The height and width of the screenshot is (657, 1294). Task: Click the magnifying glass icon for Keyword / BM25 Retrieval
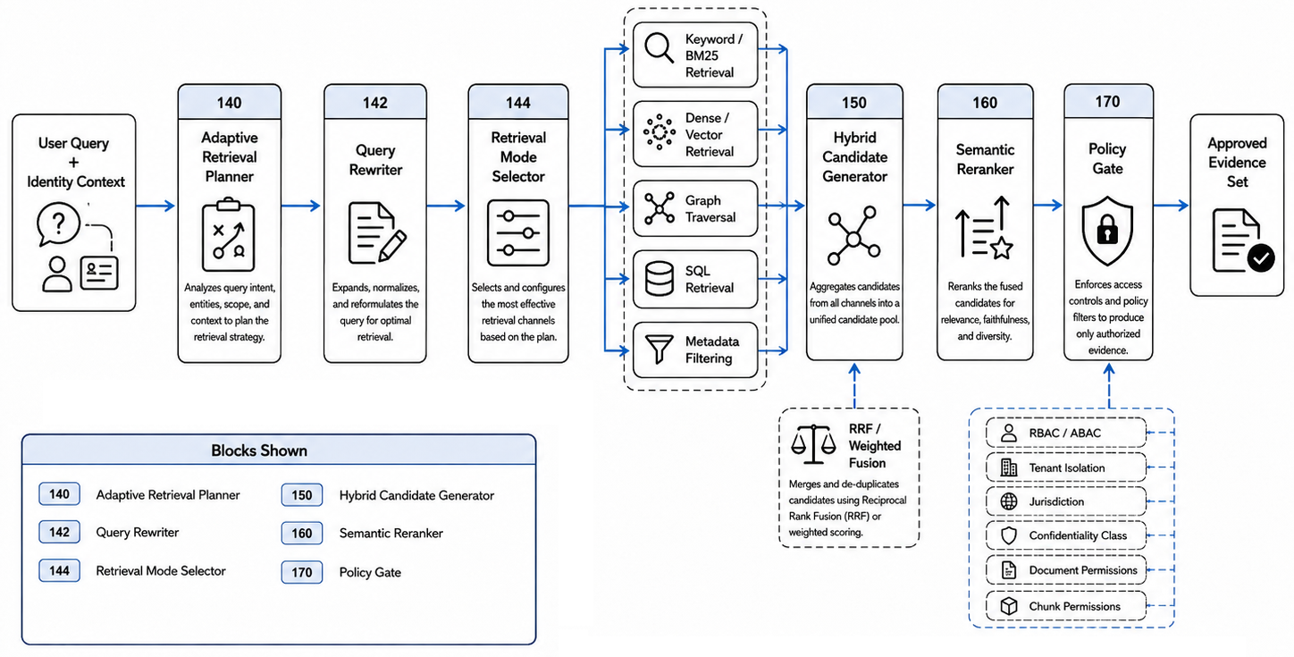pos(659,47)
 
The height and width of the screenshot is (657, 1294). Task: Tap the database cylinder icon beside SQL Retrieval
pos(660,279)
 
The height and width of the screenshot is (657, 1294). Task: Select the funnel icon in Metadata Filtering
pos(660,350)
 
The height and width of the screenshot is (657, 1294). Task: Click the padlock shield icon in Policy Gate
pos(1107,231)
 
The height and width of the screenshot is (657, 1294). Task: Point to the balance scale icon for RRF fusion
pos(813,444)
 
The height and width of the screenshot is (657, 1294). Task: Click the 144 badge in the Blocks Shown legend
pos(60,570)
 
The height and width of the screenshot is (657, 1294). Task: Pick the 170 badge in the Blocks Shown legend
pos(301,572)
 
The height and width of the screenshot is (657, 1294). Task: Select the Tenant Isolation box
pos(1066,467)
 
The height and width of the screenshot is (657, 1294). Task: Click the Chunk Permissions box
pos(1066,605)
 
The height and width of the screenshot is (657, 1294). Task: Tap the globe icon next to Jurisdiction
pos(1009,501)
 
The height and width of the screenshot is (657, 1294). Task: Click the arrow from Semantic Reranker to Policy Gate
pos(1048,205)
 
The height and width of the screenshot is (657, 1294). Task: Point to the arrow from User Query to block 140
pos(155,205)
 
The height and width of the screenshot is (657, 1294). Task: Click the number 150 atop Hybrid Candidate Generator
pos(853,103)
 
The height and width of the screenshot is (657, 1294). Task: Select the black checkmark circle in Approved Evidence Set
pos(1261,257)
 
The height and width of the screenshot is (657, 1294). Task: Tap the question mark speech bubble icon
pos(58,223)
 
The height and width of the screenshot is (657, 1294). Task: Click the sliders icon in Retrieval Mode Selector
pos(517,233)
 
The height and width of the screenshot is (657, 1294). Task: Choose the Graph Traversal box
pos(695,208)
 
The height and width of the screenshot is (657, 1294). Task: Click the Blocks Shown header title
pos(259,451)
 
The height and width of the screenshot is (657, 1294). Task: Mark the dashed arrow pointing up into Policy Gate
pos(1108,385)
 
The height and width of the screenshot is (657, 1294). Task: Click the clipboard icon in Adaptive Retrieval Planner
pos(228,234)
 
